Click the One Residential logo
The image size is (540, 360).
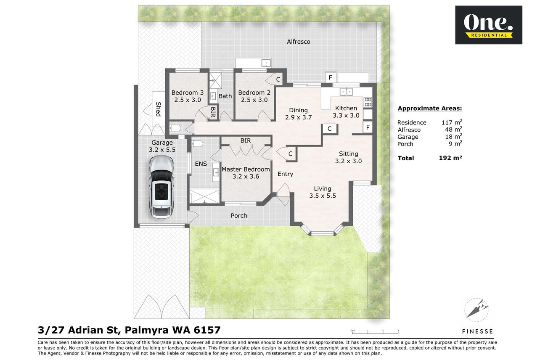(489, 25)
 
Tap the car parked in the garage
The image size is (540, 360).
(161, 187)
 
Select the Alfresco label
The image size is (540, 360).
(299, 42)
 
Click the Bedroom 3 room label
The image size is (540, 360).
(188, 93)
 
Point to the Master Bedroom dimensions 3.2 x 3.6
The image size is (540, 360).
(246, 177)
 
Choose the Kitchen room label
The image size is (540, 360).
(346, 108)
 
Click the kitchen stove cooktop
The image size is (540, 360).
(368, 102)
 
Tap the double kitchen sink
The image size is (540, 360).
(347, 92)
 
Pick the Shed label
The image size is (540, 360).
(158, 109)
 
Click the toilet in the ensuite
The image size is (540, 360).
(197, 144)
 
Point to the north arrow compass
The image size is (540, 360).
(476, 310)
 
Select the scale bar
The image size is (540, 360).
(375, 332)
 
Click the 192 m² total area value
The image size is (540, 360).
(450, 158)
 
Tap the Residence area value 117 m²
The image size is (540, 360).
(452, 122)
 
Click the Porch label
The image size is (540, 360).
(239, 216)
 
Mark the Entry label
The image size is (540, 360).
(285, 174)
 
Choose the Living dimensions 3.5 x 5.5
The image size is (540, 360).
(323, 196)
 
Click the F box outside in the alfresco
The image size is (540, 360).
(331, 78)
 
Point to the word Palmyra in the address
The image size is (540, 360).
(146, 330)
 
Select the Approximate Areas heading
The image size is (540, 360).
(429, 109)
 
